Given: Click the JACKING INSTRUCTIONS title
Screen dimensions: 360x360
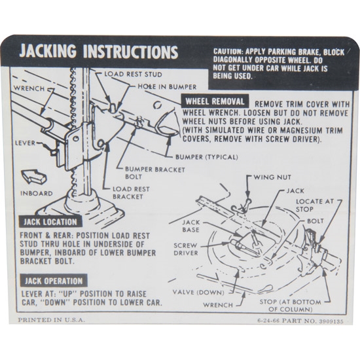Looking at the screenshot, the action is pos(99,52).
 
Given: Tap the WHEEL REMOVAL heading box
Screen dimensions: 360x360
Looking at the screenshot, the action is pos(215,101).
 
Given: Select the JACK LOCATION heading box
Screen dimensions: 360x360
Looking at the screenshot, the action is pos(50,222).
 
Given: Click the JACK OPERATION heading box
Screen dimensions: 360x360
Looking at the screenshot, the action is pos(54,281).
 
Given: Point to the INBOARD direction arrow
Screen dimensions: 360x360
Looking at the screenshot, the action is pos(33,176).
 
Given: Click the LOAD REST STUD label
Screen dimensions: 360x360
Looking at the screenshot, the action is pos(133,74).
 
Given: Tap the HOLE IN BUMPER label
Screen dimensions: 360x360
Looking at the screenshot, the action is pos(167,86).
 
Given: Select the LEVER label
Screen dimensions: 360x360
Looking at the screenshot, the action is pos(26,143).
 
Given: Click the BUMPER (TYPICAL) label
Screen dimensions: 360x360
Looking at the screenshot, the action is pos(207,157).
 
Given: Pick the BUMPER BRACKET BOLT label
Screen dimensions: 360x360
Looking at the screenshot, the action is pos(155,173).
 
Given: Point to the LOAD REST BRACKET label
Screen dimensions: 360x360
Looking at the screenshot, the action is pos(131,193).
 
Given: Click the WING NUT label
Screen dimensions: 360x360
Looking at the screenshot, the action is pos(272,177).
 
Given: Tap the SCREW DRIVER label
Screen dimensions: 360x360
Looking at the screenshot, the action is pos(186,249).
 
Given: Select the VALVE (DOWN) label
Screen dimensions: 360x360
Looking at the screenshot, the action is pos(198,293).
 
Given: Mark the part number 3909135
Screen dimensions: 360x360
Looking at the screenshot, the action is pos(331,321).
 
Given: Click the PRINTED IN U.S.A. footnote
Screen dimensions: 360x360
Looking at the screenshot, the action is pos(52,320).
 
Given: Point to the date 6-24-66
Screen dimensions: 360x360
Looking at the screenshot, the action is pos(268,321).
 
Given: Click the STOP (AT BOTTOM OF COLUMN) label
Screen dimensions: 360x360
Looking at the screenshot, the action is pos(290,306).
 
